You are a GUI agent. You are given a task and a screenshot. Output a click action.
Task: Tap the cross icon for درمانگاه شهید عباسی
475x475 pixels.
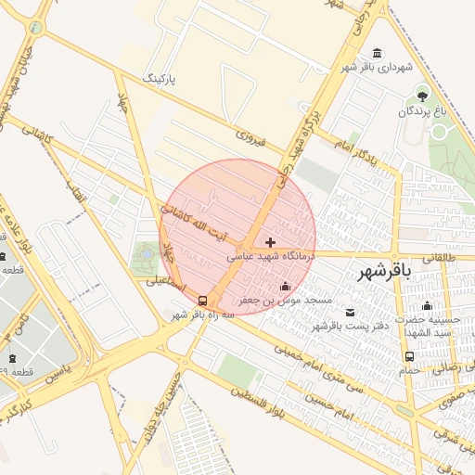click(270, 241)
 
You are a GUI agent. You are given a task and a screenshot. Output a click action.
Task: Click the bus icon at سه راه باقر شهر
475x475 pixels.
click(202, 300)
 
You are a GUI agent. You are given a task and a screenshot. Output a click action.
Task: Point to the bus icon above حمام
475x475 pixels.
click(409, 356)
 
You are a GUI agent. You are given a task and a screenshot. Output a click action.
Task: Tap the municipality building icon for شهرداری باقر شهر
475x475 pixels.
click(376, 53)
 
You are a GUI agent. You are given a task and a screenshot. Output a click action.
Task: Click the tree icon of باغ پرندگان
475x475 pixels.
click(423, 96)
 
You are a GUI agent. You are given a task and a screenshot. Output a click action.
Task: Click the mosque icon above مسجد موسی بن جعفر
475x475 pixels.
click(284, 286)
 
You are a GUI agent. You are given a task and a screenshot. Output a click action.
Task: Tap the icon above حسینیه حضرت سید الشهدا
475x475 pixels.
click(427, 305)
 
